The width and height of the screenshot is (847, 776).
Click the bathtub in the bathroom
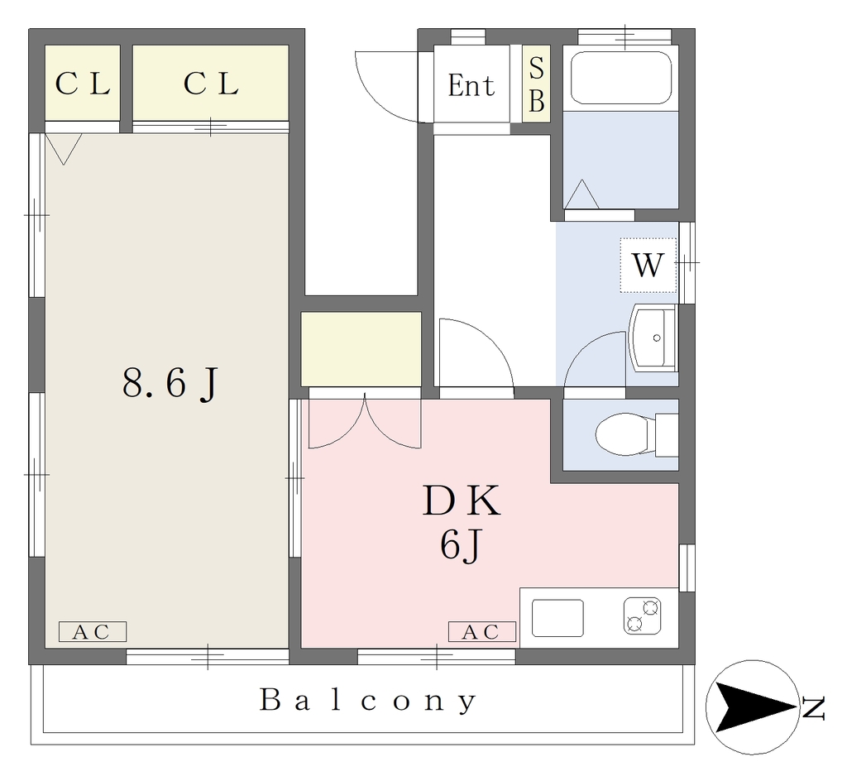(x=620, y=77)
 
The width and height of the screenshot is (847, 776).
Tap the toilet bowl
(x=622, y=434)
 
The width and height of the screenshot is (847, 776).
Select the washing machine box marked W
(x=648, y=266)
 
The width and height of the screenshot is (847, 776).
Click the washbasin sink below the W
(x=653, y=338)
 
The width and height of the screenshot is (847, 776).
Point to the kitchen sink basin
(x=558, y=618)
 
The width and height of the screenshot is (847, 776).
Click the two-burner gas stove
(x=642, y=616)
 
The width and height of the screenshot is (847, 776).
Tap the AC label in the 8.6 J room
(x=92, y=632)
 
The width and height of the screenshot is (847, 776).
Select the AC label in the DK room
(x=482, y=632)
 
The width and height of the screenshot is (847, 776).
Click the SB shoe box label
(x=536, y=84)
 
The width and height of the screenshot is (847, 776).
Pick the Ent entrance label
(x=471, y=85)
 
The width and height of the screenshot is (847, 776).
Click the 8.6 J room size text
(x=170, y=383)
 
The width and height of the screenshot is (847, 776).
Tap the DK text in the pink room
(x=462, y=501)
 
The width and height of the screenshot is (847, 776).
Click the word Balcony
(x=368, y=701)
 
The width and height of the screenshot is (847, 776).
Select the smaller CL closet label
(x=83, y=84)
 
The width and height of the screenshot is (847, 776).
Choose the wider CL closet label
(x=211, y=84)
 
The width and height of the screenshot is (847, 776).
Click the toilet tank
(x=667, y=435)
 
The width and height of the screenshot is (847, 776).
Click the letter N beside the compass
(x=814, y=708)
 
